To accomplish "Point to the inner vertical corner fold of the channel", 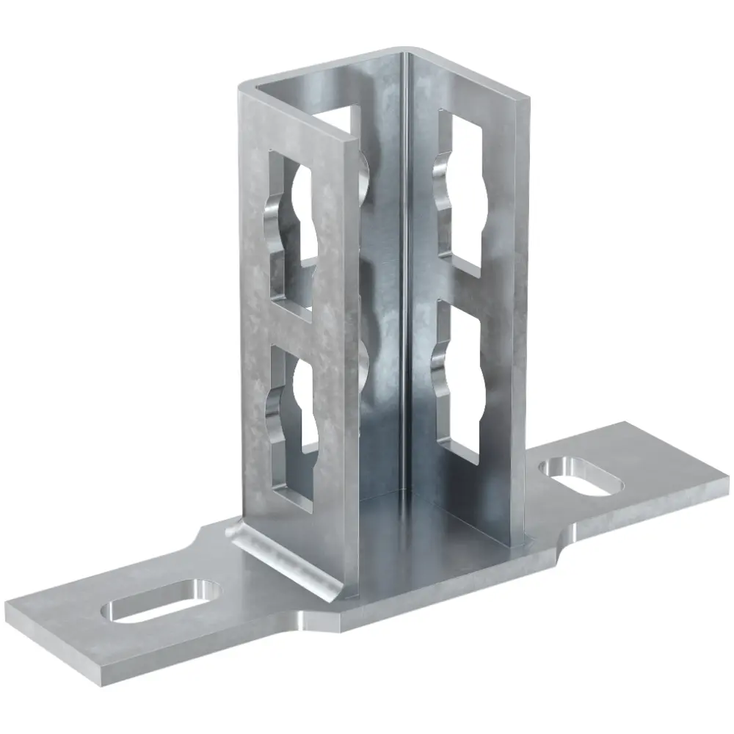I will tap(404, 294).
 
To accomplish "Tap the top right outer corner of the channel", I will tap(524, 99).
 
